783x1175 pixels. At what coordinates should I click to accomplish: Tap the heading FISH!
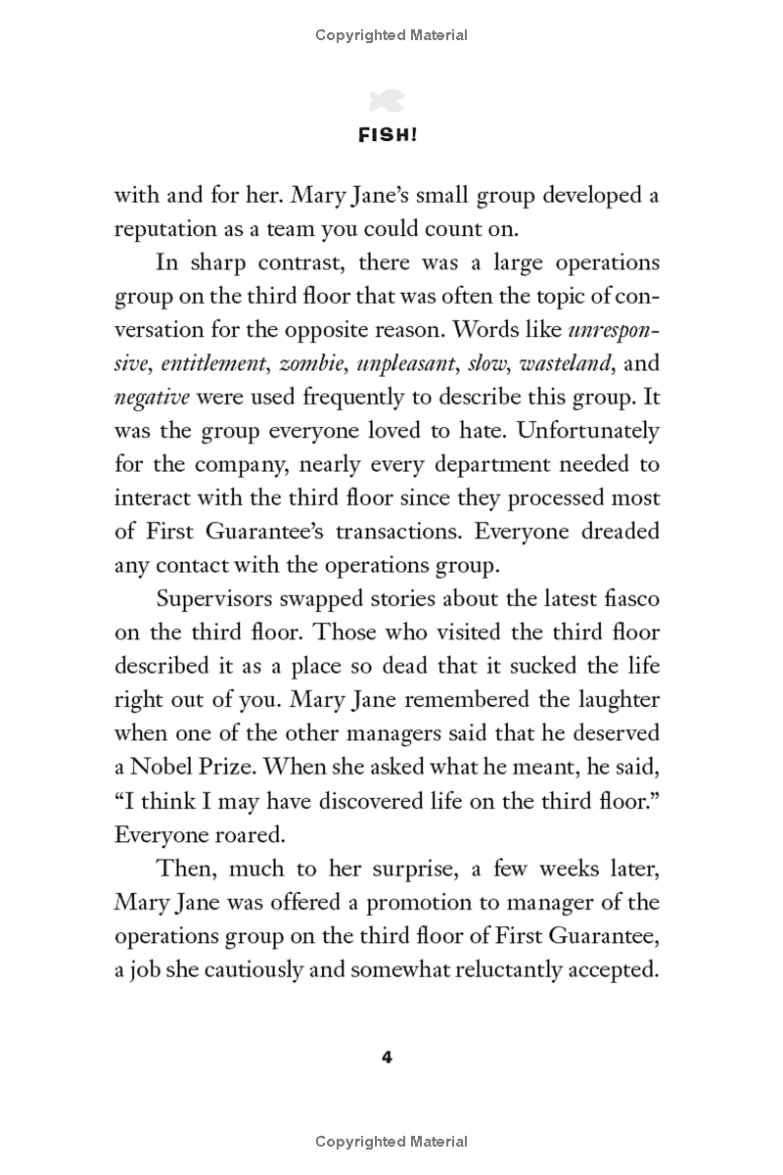391,136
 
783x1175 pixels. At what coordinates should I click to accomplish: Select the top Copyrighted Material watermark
391,35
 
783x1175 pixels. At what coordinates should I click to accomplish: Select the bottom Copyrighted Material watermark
391,1142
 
